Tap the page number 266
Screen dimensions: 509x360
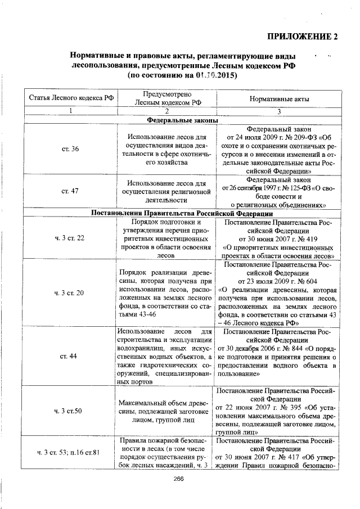(179, 479)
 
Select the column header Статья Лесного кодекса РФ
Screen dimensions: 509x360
(71, 98)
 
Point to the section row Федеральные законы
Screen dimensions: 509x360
(179, 120)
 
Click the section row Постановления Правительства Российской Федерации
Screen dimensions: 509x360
(179, 214)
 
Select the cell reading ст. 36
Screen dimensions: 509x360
(71, 148)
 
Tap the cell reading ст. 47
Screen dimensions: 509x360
(71, 191)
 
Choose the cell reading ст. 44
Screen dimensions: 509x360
(71, 356)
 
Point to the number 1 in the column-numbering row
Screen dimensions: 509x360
(71, 111)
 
